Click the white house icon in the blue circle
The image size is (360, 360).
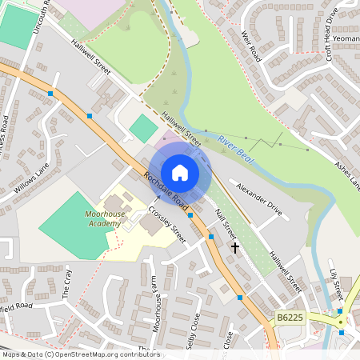click(x=180, y=172)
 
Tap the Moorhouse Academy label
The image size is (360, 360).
click(x=103, y=218)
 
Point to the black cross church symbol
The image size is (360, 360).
click(x=235, y=248)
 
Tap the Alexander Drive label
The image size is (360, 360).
click(x=259, y=199)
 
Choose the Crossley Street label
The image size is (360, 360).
click(x=167, y=226)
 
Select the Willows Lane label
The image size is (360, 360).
click(x=32, y=179)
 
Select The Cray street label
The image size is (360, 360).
click(x=68, y=283)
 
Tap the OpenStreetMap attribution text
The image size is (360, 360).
click(x=80, y=354)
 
